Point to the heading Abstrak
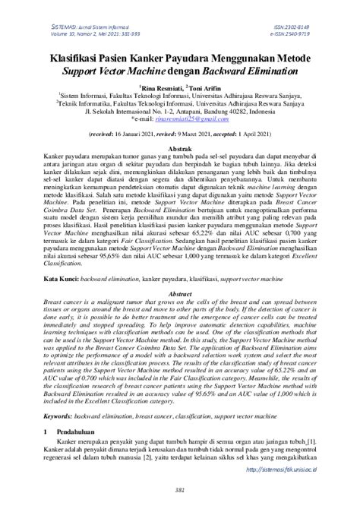click(x=179, y=149)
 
